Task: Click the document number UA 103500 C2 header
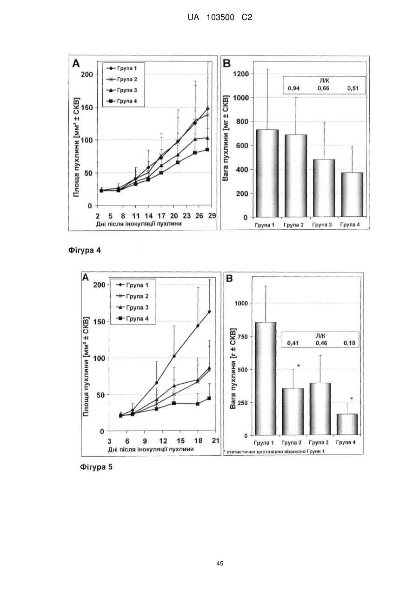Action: pos(219,18)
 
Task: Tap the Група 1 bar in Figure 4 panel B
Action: pos(267,173)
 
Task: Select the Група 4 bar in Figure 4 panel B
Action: pos(352,195)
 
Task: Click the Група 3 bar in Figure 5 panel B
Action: pos(320,409)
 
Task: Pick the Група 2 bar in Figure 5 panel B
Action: pos(293,412)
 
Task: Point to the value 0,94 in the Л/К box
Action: pos(294,88)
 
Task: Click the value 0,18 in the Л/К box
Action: pos(349,343)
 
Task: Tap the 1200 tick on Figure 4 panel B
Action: pos(241,74)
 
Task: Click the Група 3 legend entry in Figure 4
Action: pos(122,90)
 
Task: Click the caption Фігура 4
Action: pos(85,250)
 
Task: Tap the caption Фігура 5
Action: pos(96,467)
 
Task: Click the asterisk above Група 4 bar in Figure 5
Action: pos(352,399)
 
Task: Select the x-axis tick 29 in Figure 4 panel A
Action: pos(212,216)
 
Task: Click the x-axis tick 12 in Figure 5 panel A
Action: pos(163,440)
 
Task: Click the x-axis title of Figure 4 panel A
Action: pos(139,224)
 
